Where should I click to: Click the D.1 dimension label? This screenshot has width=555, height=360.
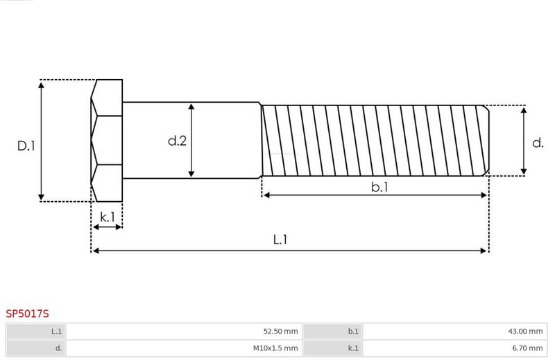26,146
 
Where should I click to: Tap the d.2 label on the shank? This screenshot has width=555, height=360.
177,141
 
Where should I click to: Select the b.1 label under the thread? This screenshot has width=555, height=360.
379,187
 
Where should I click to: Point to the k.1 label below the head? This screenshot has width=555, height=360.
108,217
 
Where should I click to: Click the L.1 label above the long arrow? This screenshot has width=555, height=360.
280,239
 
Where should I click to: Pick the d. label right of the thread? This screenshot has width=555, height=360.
538,143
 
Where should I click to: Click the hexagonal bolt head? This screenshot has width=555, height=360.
107,141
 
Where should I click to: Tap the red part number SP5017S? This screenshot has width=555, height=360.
27,314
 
